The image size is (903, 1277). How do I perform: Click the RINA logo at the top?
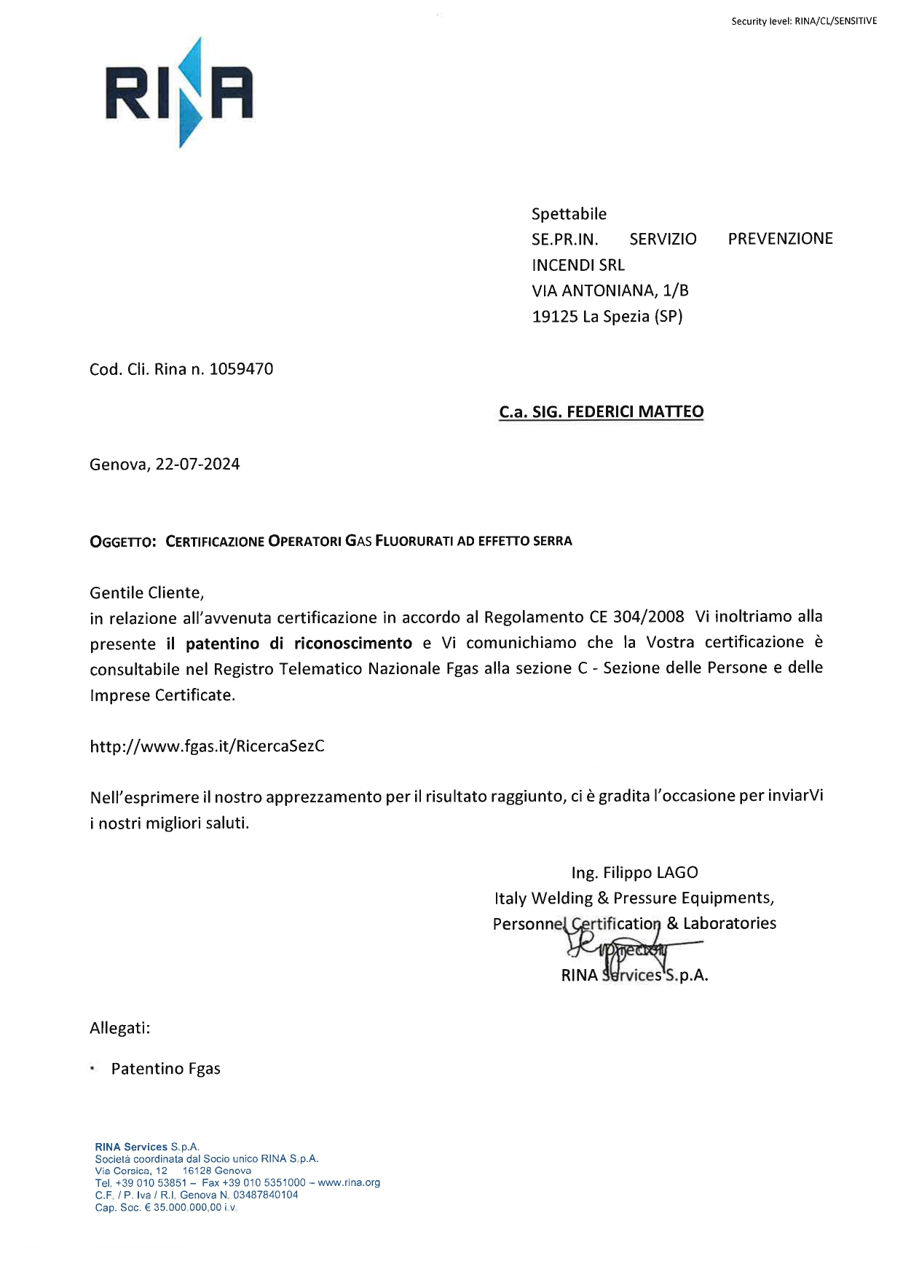point(179,92)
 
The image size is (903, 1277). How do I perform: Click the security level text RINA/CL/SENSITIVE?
point(835,21)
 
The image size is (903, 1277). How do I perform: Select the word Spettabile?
point(569,214)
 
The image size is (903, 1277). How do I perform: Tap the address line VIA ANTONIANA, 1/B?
point(610,290)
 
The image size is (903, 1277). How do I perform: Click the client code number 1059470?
point(241,369)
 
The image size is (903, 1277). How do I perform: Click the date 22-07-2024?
point(197,464)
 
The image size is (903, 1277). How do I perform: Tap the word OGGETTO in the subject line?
point(122,542)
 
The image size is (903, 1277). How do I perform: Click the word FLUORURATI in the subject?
point(414,541)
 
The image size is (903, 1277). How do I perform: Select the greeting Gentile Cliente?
point(146,593)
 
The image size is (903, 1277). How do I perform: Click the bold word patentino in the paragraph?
point(222,644)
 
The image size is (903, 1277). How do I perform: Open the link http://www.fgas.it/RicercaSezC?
point(207,746)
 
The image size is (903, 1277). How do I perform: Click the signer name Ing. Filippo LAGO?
point(634,872)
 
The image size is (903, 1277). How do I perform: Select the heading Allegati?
point(119,1028)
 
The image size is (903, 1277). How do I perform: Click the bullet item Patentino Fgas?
point(165,1069)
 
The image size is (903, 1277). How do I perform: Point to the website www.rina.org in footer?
point(349,1182)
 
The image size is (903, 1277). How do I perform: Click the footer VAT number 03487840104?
point(265,1195)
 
